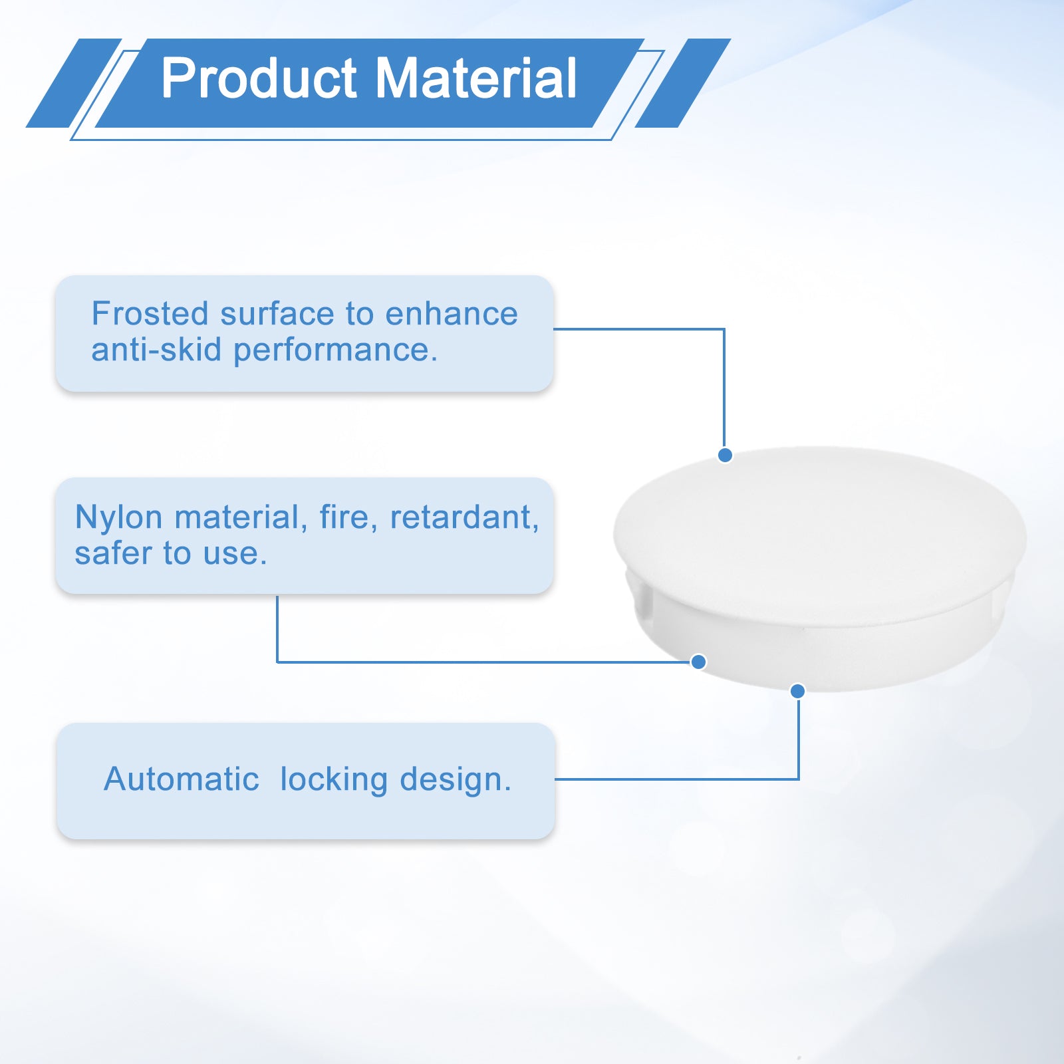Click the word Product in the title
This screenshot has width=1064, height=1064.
point(259,78)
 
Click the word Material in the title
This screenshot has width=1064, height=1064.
point(477,78)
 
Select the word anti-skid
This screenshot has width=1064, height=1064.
point(156,350)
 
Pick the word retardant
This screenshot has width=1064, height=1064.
point(464,518)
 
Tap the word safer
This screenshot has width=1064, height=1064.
point(114,554)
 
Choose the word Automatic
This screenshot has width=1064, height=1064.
point(182,779)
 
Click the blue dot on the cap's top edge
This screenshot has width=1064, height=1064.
point(725,455)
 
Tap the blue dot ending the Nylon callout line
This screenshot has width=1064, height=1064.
point(698,662)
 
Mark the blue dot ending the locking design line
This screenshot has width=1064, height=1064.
point(797,691)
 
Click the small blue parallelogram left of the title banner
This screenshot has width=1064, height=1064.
point(74,83)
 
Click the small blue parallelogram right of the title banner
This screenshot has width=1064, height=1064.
point(683,83)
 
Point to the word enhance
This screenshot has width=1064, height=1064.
point(452,314)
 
